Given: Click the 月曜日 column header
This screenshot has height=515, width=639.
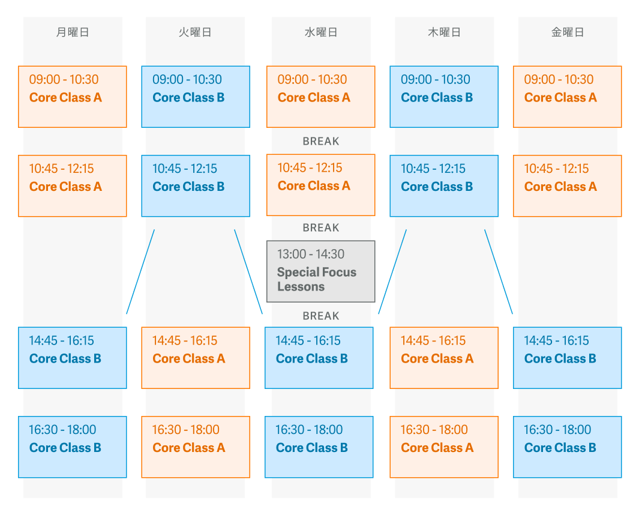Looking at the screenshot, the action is point(73,32).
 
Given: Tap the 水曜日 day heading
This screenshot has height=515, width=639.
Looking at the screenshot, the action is point(321,32).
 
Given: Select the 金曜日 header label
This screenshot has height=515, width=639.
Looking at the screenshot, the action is point(568,32).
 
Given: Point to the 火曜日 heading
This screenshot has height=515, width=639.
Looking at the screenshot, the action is point(195,32).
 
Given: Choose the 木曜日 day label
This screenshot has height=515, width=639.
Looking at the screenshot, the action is point(444,32).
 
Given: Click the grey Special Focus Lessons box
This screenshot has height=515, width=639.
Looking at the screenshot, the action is point(321,271).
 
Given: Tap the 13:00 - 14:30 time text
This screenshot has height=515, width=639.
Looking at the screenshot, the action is point(311,254).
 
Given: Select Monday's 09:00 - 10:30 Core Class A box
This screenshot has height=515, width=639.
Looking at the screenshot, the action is point(73,97).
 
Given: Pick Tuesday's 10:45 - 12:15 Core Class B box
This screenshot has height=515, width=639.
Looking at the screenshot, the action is point(196,186).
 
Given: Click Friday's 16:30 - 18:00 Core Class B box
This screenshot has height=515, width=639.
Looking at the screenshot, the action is point(567,447).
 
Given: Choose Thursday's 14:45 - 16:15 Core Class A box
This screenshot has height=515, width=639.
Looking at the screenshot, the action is point(444,358).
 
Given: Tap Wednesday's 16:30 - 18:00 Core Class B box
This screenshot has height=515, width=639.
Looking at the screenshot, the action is point(319,447).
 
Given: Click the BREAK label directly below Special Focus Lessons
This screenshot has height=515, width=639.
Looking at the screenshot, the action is point(321,316).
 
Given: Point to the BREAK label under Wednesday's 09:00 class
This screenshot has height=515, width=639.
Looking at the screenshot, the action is point(321,142).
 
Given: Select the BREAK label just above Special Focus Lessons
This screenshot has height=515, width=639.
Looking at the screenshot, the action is point(321,227).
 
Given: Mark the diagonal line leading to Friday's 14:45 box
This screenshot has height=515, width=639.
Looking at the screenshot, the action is point(499,271).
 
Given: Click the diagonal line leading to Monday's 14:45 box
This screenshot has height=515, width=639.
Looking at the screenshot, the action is point(140,271).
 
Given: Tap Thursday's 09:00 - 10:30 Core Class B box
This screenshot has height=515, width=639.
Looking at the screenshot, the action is point(444,97).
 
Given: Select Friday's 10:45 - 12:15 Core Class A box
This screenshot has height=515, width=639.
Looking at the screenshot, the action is point(567,186).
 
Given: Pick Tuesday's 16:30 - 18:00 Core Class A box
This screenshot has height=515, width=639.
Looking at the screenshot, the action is point(196,447).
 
